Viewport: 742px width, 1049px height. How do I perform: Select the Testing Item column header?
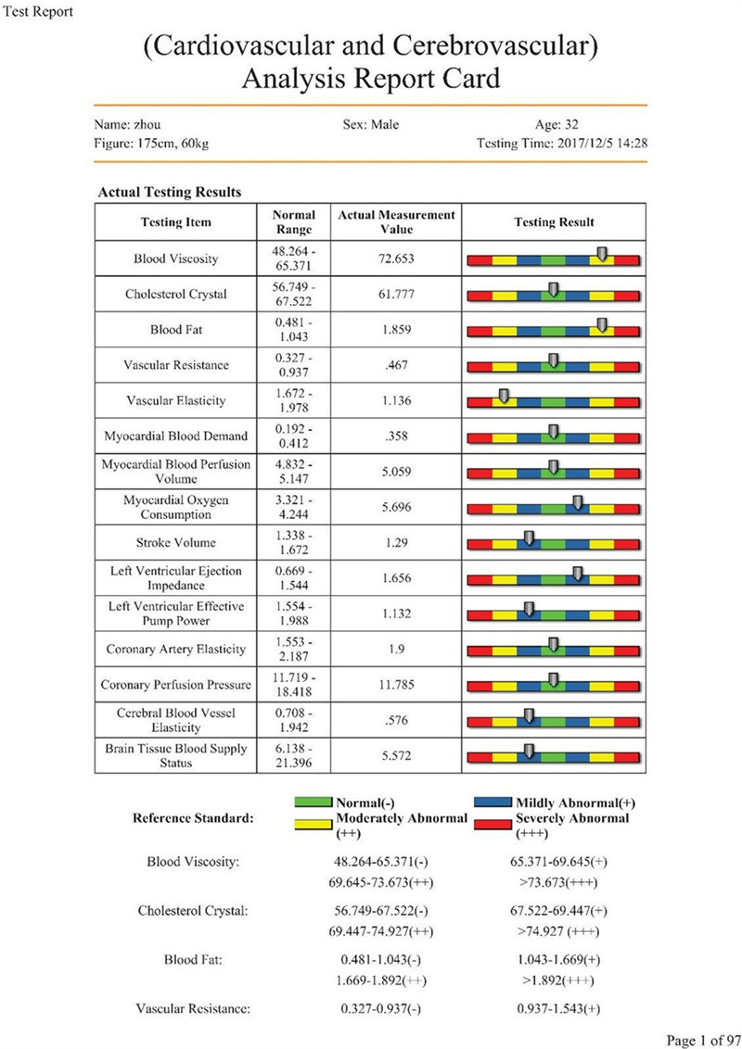click(x=175, y=221)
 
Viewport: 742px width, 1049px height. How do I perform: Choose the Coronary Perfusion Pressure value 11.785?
click(x=396, y=686)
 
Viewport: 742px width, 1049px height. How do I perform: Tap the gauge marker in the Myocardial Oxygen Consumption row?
click(x=578, y=503)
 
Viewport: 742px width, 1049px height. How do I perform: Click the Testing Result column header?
click(x=554, y=222)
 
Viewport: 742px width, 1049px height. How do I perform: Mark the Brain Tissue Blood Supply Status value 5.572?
click(x=396, y=756)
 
